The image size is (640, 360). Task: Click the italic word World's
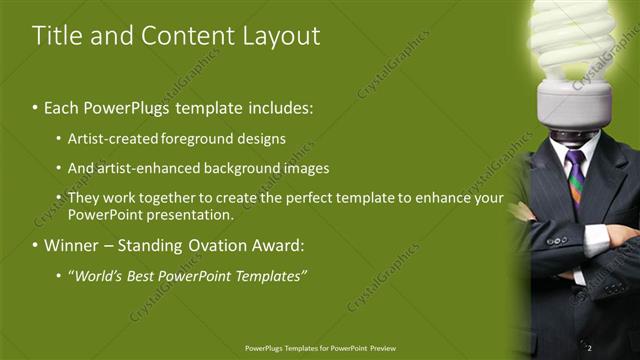[97, 275]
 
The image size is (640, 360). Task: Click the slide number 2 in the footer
[590, 347]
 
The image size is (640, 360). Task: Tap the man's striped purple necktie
[576, 176]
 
